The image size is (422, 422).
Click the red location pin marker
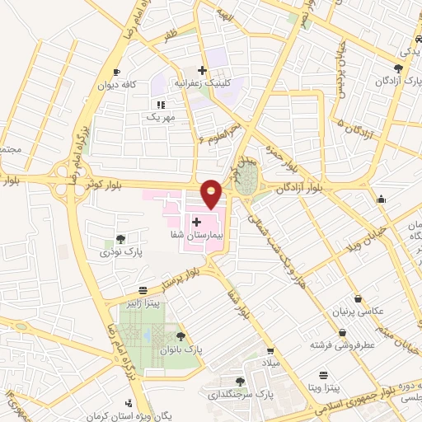point(212,193)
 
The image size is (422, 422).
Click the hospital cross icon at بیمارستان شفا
point(196,222)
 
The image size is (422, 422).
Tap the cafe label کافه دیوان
point(129,85)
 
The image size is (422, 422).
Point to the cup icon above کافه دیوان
point(116,73)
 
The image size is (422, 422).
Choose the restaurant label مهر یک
point(162,117)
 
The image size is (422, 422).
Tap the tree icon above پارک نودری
point(121,239)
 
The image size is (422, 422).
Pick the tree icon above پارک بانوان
point(181,336)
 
